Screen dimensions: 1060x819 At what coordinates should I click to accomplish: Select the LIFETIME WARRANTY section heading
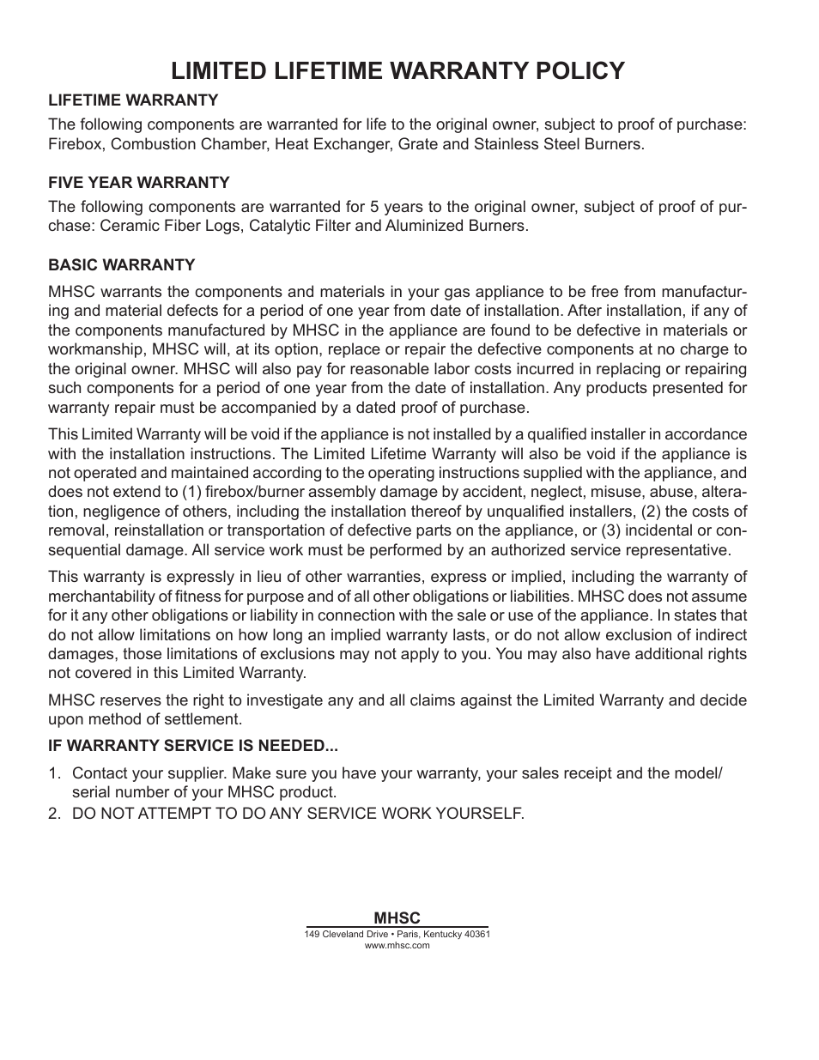pyautogui.click(x=132, y=100)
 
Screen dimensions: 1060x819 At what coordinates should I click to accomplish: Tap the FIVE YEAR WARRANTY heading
pyautogui.click(x=138, y=182)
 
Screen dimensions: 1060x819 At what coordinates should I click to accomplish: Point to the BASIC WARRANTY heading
pyautogui.click(x=121, y=264)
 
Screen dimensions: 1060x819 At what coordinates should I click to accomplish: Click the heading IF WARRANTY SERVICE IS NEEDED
pyautogui.click(x=192, y=746)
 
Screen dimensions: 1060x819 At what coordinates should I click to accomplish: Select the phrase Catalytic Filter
pyautogui.click(x=300, y=226)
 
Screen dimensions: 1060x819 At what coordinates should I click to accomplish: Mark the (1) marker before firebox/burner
pyautogui.click(x=191, y=492)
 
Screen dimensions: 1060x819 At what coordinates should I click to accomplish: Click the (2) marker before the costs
pyautogui.click(x=653, y=512)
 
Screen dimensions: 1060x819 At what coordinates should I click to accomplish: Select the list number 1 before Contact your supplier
pyautogui.click(x=53, y=773)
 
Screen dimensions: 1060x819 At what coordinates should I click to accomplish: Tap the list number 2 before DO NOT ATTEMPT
pyautogui.click(x=53, y=813)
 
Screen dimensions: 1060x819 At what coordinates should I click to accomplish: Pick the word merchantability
pyautogui.click(x=100, y=597)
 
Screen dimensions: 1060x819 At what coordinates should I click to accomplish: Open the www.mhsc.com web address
pyautogui.click(x=397, y=945)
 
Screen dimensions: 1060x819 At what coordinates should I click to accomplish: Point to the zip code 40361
pyautogui.click(x=476, y=934)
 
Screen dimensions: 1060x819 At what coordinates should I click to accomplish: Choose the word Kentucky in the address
pyautogui.click(x=437, y=934)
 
